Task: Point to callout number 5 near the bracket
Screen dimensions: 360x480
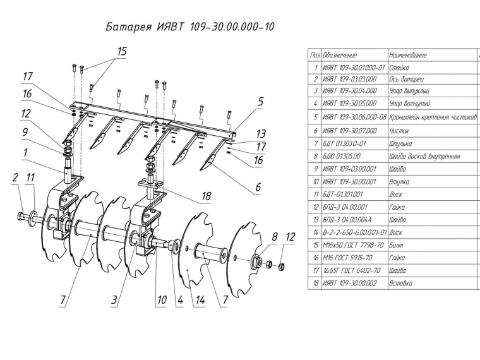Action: tap(260, 101)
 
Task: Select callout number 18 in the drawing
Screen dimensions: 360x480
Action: tap(206, 197)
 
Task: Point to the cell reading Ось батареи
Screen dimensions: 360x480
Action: tap(407, 79)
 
